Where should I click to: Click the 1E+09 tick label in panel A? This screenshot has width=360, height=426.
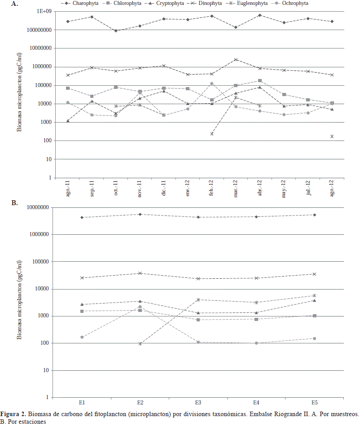click(42, 12)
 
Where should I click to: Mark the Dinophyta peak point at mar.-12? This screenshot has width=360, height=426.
click(236, 59)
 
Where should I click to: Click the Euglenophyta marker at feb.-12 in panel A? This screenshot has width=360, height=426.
click(212, 134)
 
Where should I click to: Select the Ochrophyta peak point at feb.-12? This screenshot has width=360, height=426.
click(212, 83)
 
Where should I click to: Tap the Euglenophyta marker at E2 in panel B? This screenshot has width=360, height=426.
click(140, 344)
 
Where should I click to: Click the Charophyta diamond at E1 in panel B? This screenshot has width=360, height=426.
click(82, 217)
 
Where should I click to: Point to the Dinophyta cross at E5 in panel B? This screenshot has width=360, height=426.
click(314, 274)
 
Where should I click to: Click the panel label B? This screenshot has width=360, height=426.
click(14, 203)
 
